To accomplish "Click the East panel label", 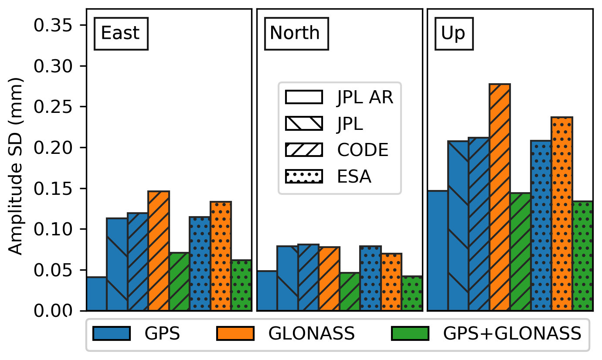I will (121, 34).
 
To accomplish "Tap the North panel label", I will (295, 34).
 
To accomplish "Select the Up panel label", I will (453, 34).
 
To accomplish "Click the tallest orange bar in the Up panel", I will (500, 196).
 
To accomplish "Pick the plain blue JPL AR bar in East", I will (97, 294).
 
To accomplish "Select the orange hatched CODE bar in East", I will (159, 251).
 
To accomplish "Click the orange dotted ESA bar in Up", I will (561, 214).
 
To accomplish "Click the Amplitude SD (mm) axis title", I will (16, 166).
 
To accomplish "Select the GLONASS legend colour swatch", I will (235, 333).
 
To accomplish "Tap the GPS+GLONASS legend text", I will (512, 333).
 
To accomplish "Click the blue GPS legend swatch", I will (111, 333).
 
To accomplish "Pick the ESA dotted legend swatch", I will (304, 177).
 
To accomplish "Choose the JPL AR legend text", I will (365, 98).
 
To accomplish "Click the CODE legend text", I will (362, 150).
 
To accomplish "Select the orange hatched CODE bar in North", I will (329, 279).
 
